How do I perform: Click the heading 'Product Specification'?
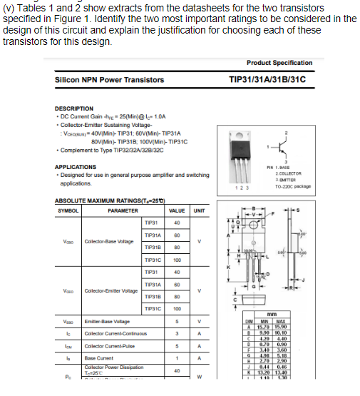pos(279,63)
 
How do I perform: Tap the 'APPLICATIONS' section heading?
pos(76,167)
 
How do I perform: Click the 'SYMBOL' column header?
pos(68,210)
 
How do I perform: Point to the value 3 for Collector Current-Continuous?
pos(176,333)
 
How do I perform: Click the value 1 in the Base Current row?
pos(176,357)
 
